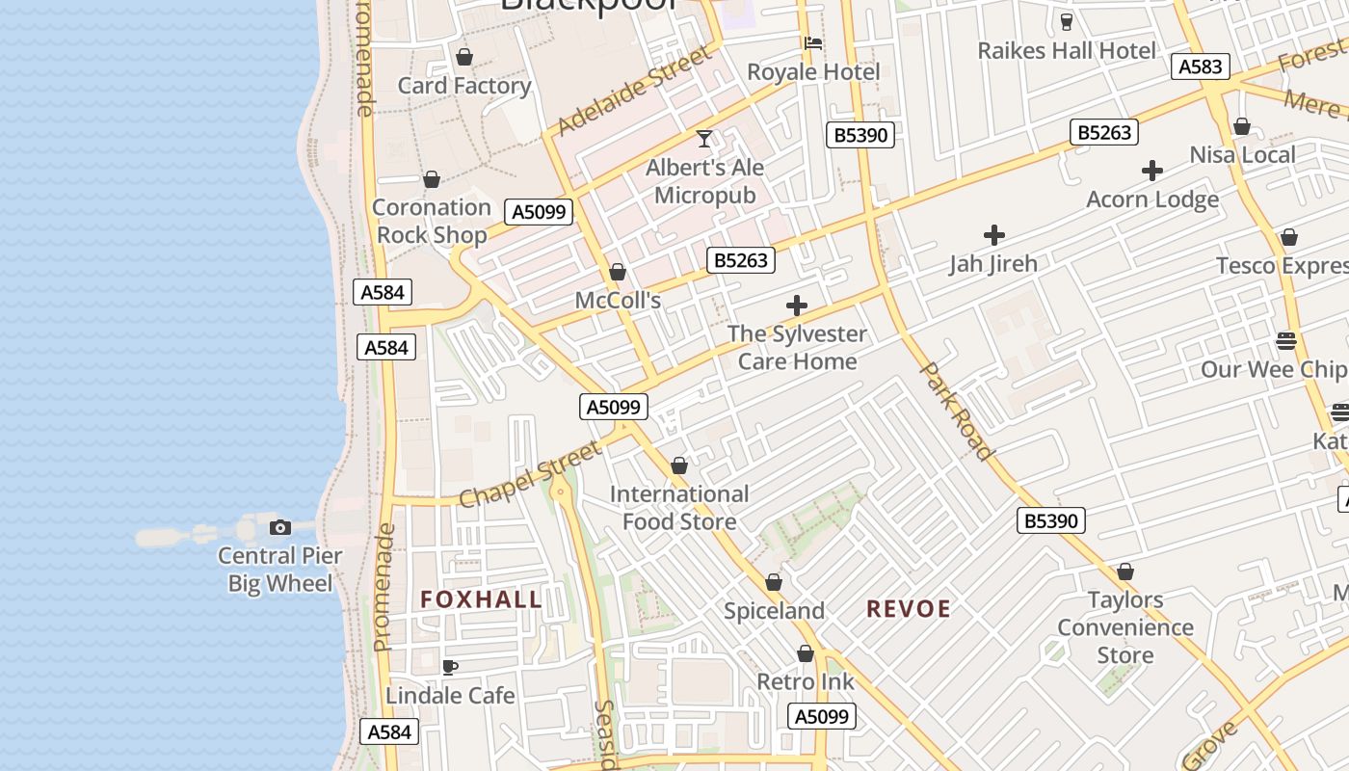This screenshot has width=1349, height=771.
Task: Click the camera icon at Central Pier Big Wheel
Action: [280, 527]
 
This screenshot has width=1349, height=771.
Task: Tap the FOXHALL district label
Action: [482, 599]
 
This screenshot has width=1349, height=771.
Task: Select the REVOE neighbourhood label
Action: [909, 609]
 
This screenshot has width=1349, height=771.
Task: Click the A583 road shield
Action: [1201, 66]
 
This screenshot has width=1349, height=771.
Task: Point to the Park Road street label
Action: [957, 411]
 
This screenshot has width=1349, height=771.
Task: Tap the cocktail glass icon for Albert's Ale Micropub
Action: [704, 139]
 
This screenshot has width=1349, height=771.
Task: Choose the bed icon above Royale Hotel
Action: [813, 43]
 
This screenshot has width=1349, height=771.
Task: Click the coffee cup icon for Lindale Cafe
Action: [449, 667]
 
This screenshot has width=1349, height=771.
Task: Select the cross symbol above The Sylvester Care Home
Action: [797, 306]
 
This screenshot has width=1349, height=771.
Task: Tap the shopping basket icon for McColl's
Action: [618, 273]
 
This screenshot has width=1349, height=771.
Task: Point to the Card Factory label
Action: [464, 86]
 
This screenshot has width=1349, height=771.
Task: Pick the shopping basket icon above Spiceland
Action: [774, 583]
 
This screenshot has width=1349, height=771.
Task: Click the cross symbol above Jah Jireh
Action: [994, 235]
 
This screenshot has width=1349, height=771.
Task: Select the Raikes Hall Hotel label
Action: [1067, 51]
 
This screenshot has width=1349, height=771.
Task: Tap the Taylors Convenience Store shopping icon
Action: [1124, 572]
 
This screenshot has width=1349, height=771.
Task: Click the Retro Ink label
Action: [806, 682]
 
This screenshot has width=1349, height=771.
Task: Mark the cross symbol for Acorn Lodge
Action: [1152, 172]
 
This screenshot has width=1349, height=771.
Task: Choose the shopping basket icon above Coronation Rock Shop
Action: [432, 180]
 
